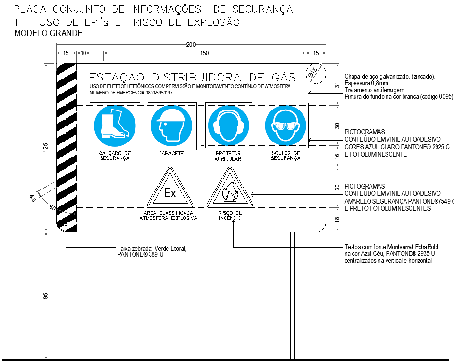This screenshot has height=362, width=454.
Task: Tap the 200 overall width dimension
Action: [191, 45]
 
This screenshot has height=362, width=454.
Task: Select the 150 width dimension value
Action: [204, 53]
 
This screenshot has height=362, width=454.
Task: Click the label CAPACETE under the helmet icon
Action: [171, 154]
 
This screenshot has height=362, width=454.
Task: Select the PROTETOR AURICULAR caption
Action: [228, 156]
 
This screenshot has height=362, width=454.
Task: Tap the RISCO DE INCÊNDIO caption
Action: [230, 215]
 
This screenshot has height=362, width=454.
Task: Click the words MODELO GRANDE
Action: [49, 33]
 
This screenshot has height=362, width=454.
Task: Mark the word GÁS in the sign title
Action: [281, 77]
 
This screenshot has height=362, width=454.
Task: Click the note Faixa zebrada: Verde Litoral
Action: [152, 248]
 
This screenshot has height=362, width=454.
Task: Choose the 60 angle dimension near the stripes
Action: [52, 208]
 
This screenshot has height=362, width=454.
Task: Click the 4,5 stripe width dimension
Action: [33, 198]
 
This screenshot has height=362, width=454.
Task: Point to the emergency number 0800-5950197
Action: [159, 93]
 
